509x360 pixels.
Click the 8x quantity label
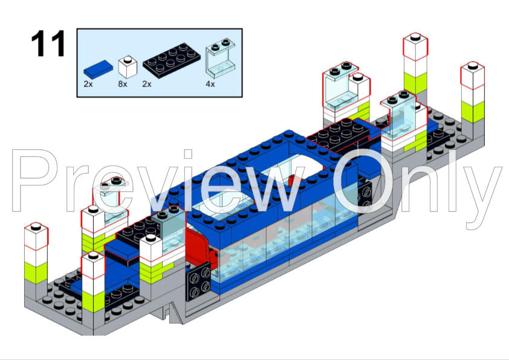(x=123, y=84)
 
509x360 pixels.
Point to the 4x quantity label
(x=210, y=84)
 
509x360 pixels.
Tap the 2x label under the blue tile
(x=88, y=84)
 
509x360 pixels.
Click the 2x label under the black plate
(x=146, y=84)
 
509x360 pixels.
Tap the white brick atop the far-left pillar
(x=36, y=239)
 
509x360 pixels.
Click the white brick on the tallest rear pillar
(x=415, y=48)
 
